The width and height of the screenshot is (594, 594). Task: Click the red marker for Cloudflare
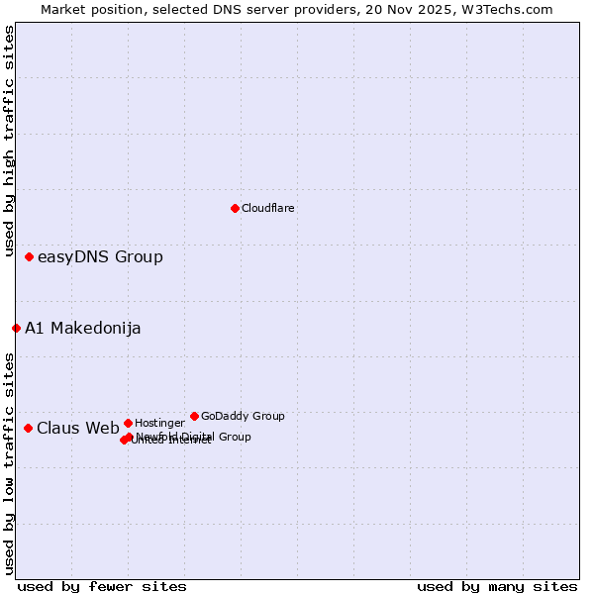click(x=235, y=208)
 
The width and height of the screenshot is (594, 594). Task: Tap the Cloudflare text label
click(x=268, y=208)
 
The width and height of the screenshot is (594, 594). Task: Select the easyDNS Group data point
click(x=29, y=256)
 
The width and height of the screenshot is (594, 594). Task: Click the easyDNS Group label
click(x=100, y=257)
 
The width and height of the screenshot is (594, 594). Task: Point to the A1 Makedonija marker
click(x=16, y=328)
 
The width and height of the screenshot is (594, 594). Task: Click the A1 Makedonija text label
click(x=83, y=329)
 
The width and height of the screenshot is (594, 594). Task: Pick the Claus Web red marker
click(x=28, y=428)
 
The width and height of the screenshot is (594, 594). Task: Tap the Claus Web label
click(x=78, y=429)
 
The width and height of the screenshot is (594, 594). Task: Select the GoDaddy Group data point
click(x=194, y=416)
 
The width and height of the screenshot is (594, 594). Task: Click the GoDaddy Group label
click(x=243, y=416)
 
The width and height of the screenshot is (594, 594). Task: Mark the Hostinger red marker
click(x=128, y=423)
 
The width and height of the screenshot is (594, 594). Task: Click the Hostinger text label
click(x=159, y=423)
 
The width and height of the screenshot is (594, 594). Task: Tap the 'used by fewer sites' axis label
click(x=102, y=586)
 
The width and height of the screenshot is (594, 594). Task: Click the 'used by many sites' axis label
click(x=497, y=586)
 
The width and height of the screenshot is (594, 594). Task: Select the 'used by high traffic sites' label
click(x=9, y=143)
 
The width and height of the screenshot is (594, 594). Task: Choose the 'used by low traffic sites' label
click(x=9, y=463)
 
